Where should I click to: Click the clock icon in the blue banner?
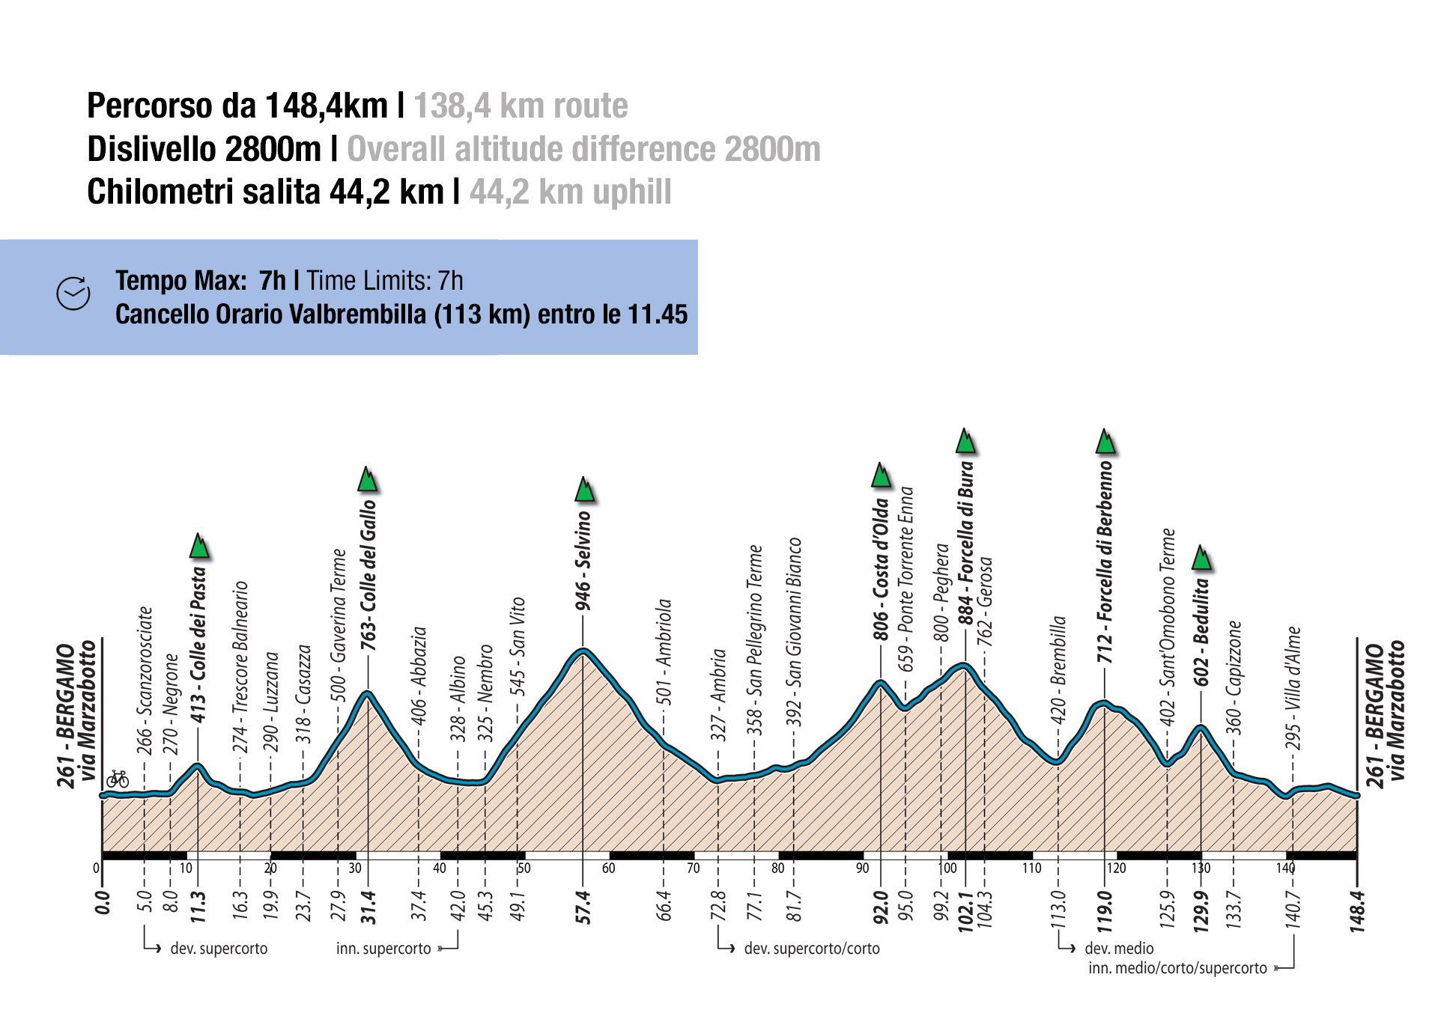coord(73,293)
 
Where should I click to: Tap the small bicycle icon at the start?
coord(118,779)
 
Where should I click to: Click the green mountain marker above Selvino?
coord(585,489)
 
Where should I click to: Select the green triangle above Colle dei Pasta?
coord(199,547)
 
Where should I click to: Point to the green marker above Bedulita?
coord(1201,558)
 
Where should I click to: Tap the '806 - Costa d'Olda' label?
coord(881,570)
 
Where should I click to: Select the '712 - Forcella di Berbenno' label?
coord(1105,562)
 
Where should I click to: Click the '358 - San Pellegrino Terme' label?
coord(755,640)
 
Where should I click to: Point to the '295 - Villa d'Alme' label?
coord(1293,688)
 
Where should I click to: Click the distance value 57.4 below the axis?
coord(583,907)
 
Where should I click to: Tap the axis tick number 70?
coord(693,868)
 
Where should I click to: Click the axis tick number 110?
coord(1031,868)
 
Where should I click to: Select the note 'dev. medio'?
coord(1119,949)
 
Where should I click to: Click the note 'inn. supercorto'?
coord(383,949)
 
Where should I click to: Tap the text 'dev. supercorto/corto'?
coord(812,949)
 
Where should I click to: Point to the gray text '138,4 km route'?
coord(521,106)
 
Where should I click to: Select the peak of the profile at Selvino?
coord(583,650)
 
